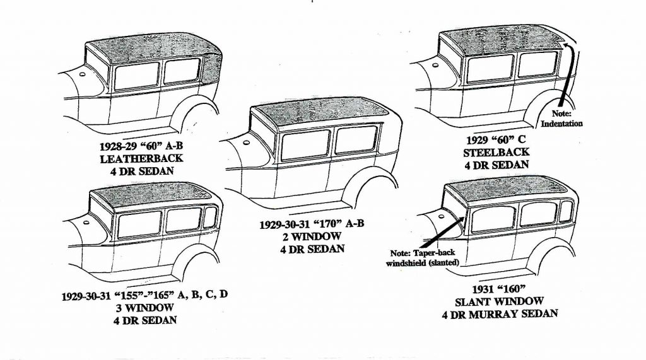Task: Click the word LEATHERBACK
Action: coord(141,159)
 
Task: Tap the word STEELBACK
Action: coord(496,153)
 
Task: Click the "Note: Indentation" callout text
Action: coord(561,119)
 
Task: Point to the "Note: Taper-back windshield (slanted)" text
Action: coord(422,258)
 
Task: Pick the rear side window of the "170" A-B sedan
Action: coord(356,139)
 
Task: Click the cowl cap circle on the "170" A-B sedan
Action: coord(247,143)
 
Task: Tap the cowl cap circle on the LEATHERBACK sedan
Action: coord(82,74)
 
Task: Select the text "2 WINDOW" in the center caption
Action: coord(312,236)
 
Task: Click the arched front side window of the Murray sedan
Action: coord(493,219)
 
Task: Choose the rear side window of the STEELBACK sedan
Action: coord(536,64)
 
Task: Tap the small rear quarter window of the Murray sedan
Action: coord(567,211)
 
